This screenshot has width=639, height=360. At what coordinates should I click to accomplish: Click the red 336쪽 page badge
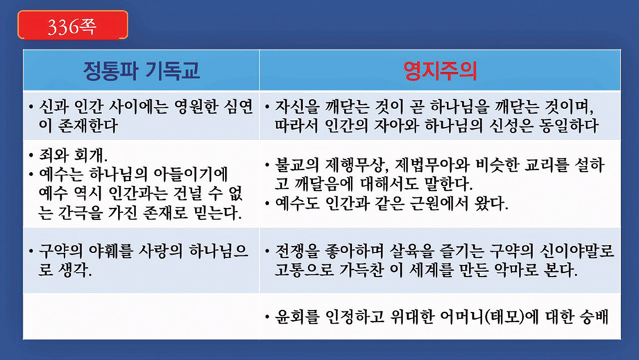(x=73, y=25)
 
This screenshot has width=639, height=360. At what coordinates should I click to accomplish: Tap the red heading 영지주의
(x=440, y=71)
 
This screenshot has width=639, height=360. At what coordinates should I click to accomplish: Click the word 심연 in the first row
(x=239, y=106)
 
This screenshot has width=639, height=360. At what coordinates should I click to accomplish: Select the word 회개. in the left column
(x=90, y=155)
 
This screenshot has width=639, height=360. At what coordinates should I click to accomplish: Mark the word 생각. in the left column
(x=76, y=270)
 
